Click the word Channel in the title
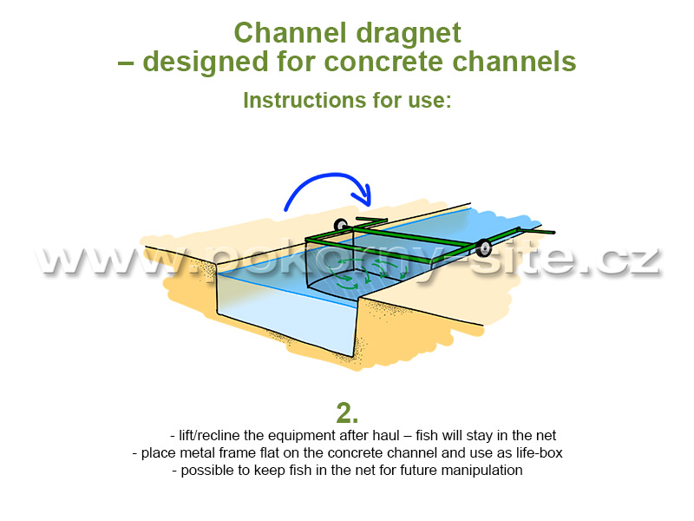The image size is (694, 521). (290, 33)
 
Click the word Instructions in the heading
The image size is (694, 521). (304, 100)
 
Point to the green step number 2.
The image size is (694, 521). (347, 413)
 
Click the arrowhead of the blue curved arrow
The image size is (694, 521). (363, 196)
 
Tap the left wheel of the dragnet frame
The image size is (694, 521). (341, 225)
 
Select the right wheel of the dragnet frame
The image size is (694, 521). (483, 247)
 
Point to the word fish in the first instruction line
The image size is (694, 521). (427, 436)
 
